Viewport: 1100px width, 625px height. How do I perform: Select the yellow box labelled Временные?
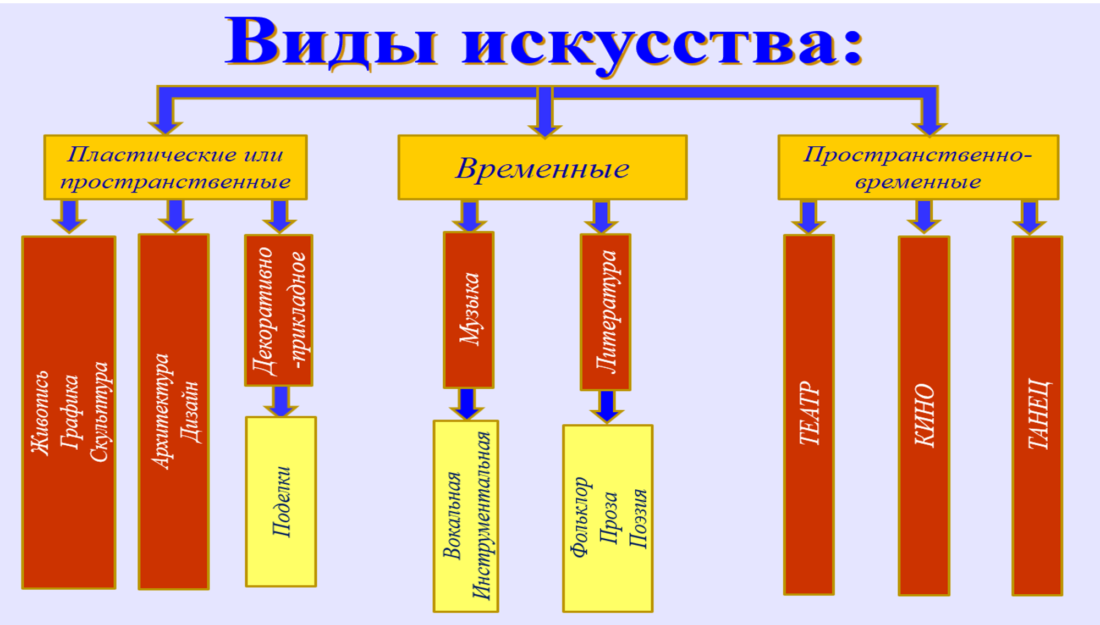pyautogui.click(x=542, y=168)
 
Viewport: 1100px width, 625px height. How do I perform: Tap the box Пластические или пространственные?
pyautogui.click(x=175, y=168)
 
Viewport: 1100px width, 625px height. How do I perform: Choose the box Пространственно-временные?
pyautogui.click(x=918, y=168)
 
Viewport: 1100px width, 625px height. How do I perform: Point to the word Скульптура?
pyautogui.click(x=101, y=412)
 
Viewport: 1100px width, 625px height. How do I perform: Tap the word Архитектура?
pyautogui.click(x=161, y=412)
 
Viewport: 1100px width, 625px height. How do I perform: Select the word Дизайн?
pyautogui.click(x=190, y=412)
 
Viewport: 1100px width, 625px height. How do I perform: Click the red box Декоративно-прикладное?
pyautogui.click(x=279, y=311)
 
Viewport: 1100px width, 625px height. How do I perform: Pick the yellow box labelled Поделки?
pyautogui.click(x=281, y=501)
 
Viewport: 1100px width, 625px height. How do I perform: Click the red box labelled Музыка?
pyautogui.click(x=469, y=309)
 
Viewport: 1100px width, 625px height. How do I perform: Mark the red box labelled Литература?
pyautogui.click(x=606, y=312)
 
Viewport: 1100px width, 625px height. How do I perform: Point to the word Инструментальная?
pyautogui.click(x=481, y=515)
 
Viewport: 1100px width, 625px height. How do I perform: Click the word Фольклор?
pyautogui.click(x=579, y=517)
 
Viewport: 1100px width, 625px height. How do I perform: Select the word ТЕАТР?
pyautogui.click(x=809, y=413)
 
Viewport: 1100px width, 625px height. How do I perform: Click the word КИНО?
pyautogui.click(x=924, y=415)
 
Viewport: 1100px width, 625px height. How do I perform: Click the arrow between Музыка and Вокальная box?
pyautogui.click(x=467, y=403)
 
